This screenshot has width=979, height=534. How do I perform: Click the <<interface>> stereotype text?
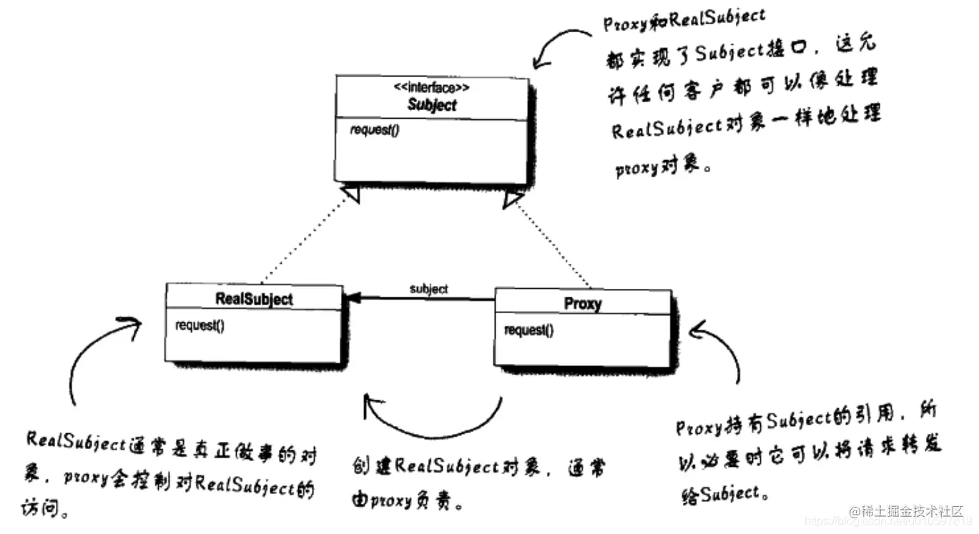[432, 89]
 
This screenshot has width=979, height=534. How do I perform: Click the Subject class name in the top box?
[432, 104]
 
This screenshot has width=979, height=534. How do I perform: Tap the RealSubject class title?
[254, 299]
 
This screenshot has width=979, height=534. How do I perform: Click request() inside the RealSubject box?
[200, 325]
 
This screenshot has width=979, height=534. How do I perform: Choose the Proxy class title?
[583, 303]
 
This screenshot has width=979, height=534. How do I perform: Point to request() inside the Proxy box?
[528, 330]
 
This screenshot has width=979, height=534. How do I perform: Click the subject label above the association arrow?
[428, 289]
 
